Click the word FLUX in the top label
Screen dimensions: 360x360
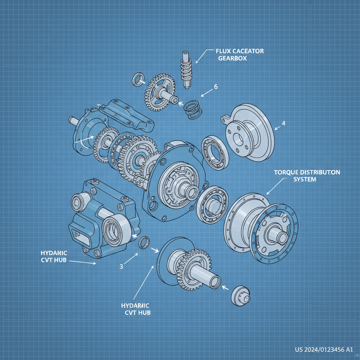pyautogui.click(x=223, y=51)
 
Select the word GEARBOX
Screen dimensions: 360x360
pyautogui.click(x=232, y=58)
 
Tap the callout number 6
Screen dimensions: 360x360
pyautogui.click(x=216, y=87)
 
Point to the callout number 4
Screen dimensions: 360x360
pyautogui.click(x=283, y=123)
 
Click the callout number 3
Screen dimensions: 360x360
pyautogui.click(x=121, y=266)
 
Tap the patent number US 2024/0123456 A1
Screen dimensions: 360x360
pyautogui.click(x=323, y=349)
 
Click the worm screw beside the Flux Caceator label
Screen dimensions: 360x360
pyautogui.click(x=186, y=69)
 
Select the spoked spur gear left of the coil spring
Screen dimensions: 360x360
pyautogui.click(x=159, y=91)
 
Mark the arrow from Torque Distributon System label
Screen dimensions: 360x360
pyautogui.click(x=274, y=186)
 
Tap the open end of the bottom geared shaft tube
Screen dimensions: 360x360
pyautogui.click(x=215, y=281)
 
